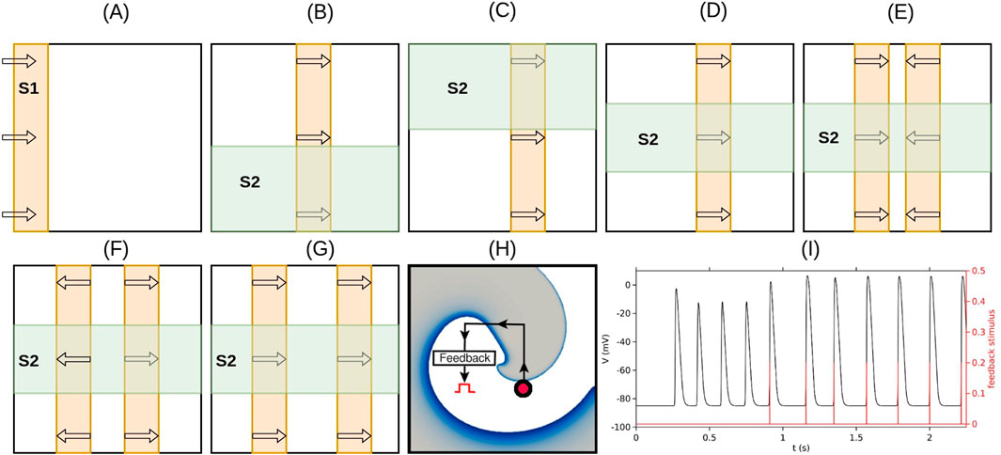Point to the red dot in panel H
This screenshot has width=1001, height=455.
pyautogui.click(x=524, y=389)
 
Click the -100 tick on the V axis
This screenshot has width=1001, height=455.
pyautogui.click(x=622, y=428)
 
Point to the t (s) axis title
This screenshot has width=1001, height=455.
pyautogui.click(x=800, y=448)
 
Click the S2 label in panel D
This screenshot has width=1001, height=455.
pyautogui.click(x=649, y=138)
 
